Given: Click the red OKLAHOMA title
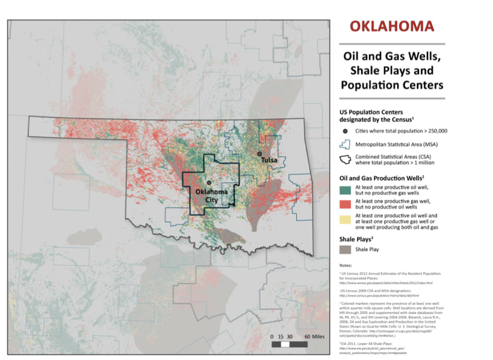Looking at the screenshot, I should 391,26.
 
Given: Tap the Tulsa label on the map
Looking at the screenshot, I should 268,160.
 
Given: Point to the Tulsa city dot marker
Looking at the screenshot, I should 259,154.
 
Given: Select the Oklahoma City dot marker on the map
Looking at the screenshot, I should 209,182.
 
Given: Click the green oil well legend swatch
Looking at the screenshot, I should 346,191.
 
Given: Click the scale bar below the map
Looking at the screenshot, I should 290,344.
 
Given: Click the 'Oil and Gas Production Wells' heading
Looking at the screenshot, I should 382,178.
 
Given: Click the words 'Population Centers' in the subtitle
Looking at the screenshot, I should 392,85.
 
